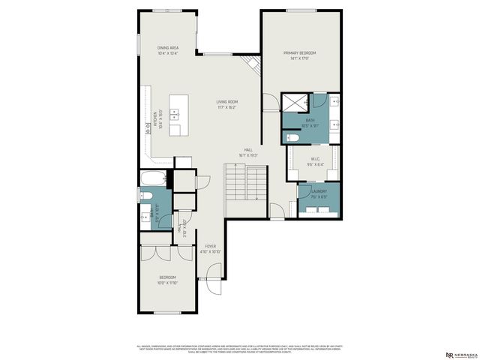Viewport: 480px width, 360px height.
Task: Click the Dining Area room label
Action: (x=167, y=49)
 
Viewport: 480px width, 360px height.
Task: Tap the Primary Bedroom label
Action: (x=299, y=55)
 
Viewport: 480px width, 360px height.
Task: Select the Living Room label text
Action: (x=227, y=104)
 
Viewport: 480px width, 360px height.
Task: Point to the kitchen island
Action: (x=178, y=115)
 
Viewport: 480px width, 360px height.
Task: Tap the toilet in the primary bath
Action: (x=293, y=138)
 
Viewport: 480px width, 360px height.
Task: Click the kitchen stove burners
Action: (x=148, y=127)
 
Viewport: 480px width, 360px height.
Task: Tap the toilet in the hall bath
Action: (x=147, y=197)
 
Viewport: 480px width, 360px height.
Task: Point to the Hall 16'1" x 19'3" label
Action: (x=248, y=152)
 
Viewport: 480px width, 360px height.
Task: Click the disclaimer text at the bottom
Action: (x=240, y=349)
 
